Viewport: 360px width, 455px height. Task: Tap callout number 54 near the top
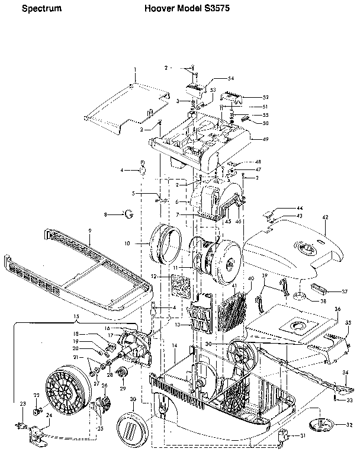click(x=214, y=79)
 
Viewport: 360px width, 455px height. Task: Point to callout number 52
click(x=266, y=97)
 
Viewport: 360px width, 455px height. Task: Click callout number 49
click(x=265, y=139)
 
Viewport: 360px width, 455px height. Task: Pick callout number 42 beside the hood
click(x=324, y=218)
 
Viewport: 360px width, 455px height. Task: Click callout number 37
click(x=344, y=291)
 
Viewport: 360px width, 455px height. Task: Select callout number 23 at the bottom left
click(x=22, y=404)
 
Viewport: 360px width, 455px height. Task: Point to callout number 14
click(x=175, y=345)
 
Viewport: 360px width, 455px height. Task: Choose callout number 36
click(x=337, y=309)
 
